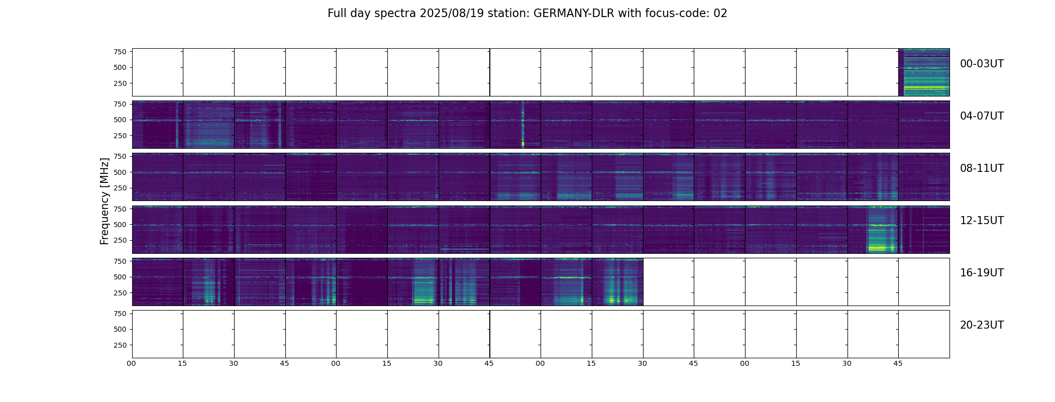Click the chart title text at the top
click(527, 14)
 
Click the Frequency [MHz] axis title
click(104, 201)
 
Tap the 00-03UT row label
click(982, 64)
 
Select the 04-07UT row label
click(982, 116)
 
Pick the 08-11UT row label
click(982, 168)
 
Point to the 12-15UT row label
click(982, 221)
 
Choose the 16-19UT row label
click(982, 273)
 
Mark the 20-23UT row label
click(982, 325)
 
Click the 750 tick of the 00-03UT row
click(120, 52)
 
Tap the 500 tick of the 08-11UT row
click(120, 172)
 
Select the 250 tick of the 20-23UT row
click(120, 345)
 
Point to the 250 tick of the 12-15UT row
click(120, 241)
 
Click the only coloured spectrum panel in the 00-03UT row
click(924, 72)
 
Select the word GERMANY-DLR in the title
click(574, 14)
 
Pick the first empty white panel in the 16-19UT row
click(668, 282)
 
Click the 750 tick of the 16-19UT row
click(120, 261)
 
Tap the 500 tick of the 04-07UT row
click(120, 120)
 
